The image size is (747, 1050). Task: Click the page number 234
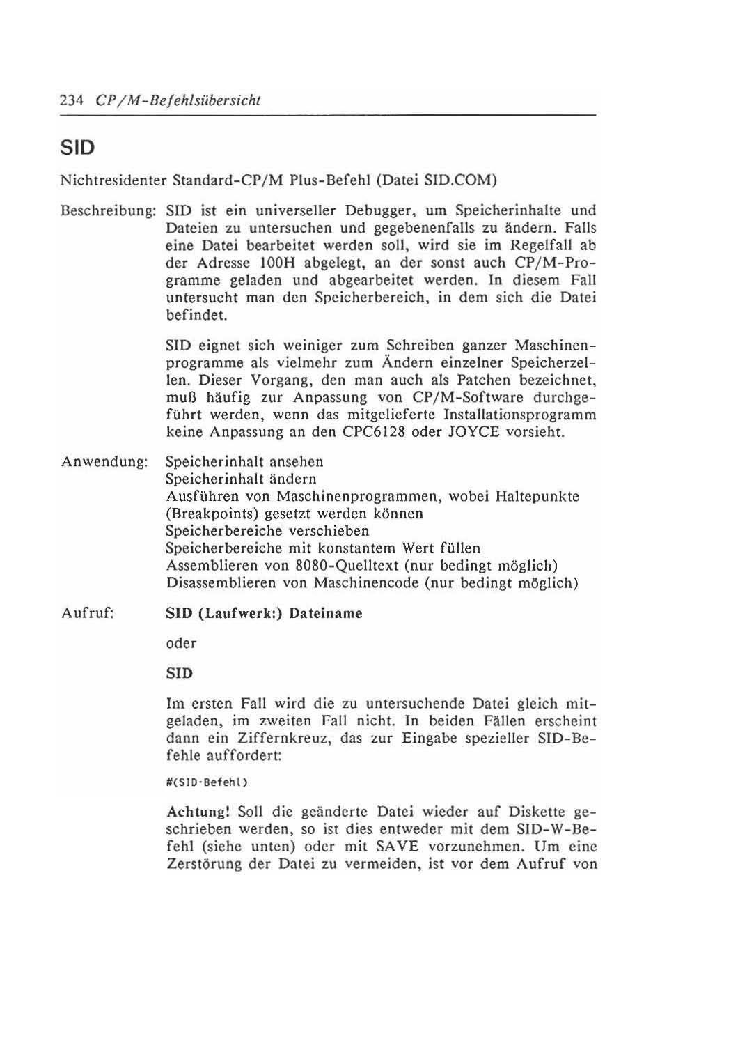(71, 100)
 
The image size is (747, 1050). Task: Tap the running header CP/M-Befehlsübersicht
(178, 100)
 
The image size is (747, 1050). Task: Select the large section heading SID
(77, 148)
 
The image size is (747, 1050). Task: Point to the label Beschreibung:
(109, 210)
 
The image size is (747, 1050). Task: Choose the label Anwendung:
(104, 462)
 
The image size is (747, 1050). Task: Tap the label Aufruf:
(88, 614)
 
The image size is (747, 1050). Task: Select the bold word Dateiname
(326, 614)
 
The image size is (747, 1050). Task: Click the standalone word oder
(181, 644)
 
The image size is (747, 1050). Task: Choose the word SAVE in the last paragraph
(397, 847)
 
